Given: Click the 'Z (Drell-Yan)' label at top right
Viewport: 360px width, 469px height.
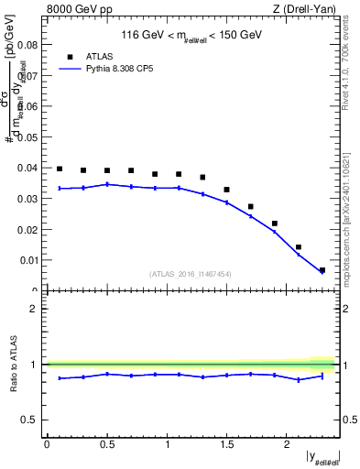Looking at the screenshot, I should click(x=305, y=10).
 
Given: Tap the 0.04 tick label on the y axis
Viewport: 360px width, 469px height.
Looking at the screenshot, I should click(x=29, y=168).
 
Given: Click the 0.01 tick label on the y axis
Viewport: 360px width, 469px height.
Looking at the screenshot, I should click(x=29, y=260).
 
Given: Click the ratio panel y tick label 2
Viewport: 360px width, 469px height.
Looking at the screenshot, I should click(x=34, y=309).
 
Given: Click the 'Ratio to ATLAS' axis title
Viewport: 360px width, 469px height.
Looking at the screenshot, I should click(x=14, y=364).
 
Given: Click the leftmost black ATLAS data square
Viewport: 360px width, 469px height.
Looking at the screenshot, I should click(x=60, y=169).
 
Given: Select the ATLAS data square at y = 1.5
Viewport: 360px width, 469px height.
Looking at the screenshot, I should click(x=227, y=190).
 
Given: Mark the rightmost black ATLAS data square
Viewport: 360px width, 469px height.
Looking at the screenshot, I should click(x=322, y=270).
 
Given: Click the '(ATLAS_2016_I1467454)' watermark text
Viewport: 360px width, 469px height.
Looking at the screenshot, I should click(x=191, y=273).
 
